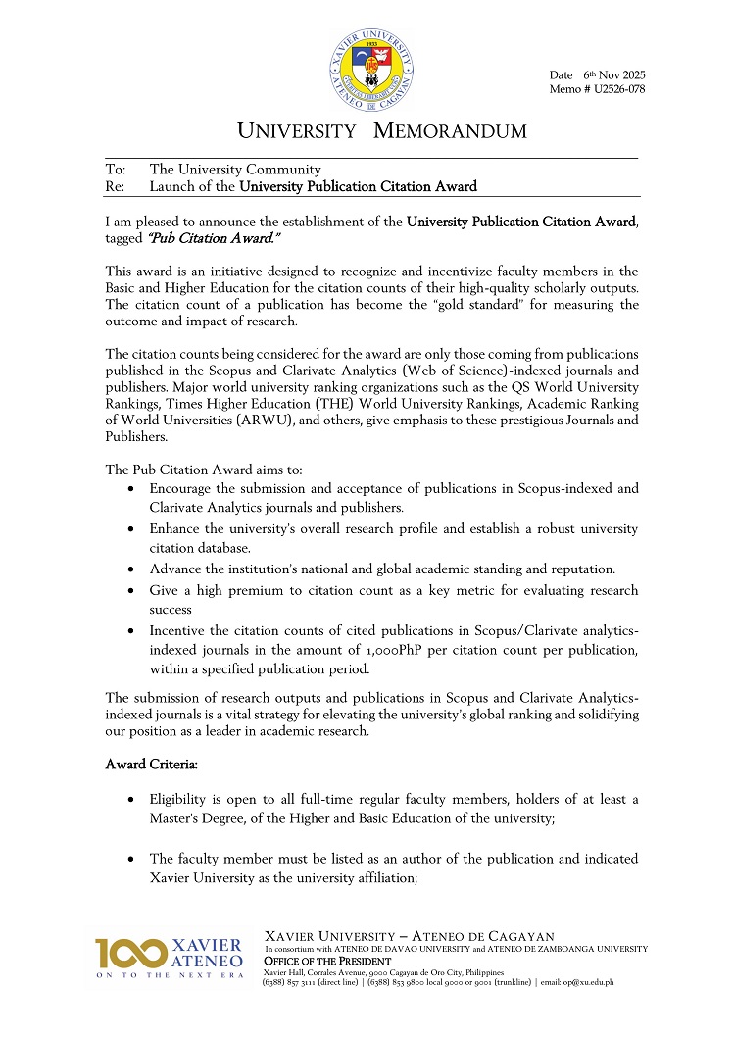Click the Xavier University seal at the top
372,68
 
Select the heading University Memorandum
382,131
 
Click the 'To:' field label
116,170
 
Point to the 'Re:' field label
116,186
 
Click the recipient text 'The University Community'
234,170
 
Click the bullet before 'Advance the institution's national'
132,569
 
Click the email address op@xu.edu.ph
592,982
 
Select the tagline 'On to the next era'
169,976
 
